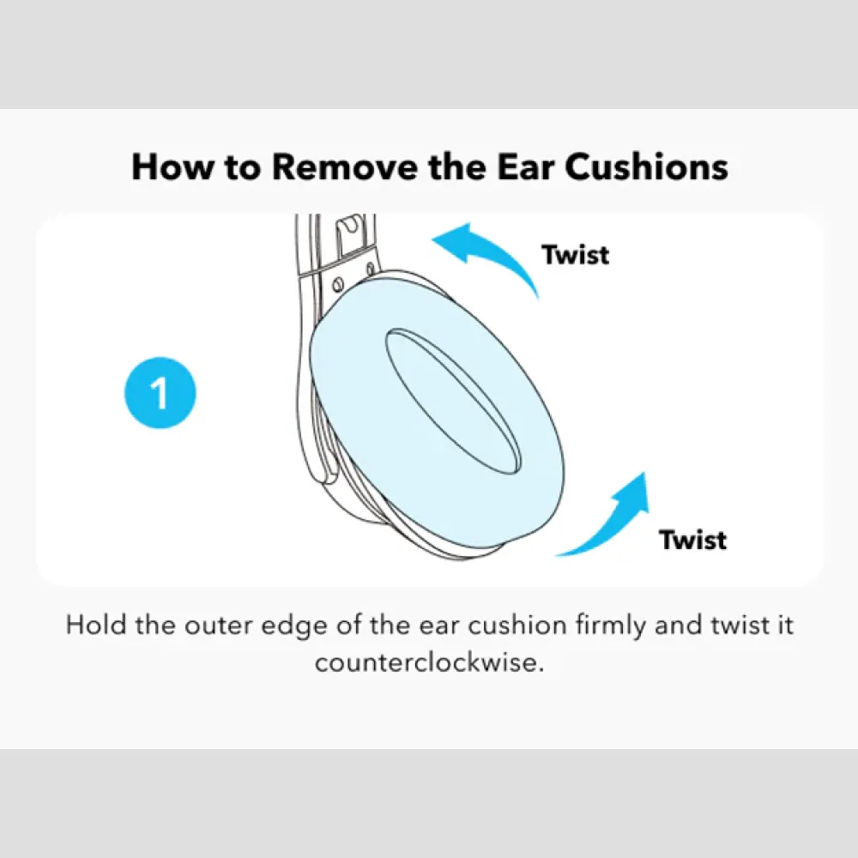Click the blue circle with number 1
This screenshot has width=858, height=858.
(160, 392)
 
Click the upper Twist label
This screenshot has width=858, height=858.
(575, 255)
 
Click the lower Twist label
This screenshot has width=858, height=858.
(692, 540)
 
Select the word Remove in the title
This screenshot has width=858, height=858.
(344, 166)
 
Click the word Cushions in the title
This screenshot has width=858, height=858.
(646, 166)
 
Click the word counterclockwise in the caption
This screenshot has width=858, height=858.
(430, 662)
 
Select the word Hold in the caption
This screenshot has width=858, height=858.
(96, 625)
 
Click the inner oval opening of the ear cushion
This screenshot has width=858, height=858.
(453, 402)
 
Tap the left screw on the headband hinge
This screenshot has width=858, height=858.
(337, 285)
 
